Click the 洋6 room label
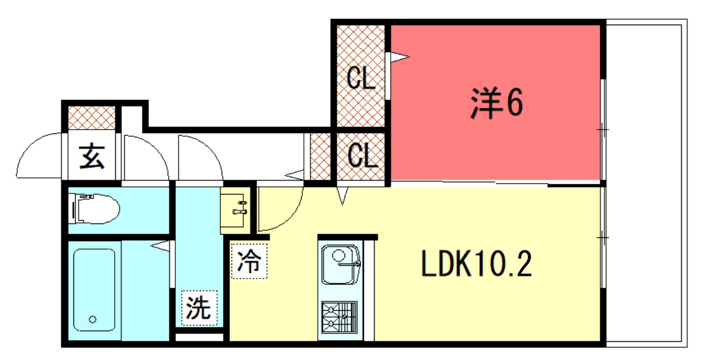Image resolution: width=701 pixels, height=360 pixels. pyautogui.click(x=496, y=103)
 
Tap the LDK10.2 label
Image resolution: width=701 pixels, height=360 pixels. pyautogui.click(x=476, y=264)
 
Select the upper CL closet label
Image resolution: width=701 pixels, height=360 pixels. pyautogui.click(x=361, y=79)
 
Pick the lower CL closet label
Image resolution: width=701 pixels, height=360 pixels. pyautogui.click(x=361, y=156)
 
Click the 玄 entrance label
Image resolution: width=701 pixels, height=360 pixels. pyautogui.click(x=92, y=157)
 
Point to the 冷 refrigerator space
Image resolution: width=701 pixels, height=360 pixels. pyautogui.click(x=249, y=262)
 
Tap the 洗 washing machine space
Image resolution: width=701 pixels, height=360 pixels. pyautogui.click(x=199, y=308)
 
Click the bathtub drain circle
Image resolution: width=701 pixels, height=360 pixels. pyautogui.click(x=93, y=319)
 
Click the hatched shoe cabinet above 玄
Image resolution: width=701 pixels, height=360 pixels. pyautogui.click(x=91, y=118)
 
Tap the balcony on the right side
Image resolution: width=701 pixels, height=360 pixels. pyautogui.click(x=646, y=182)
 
